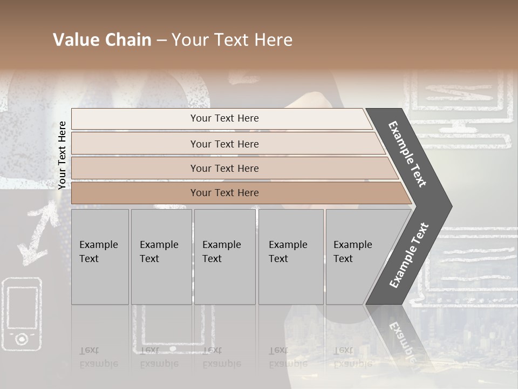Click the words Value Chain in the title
pyautogui.click(x=102, y=40)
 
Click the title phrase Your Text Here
pyautogui.click(x=232, y=40)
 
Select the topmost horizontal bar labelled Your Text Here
pyautogui.click(x=224, y=118)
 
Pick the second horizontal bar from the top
pyautogui.click(x=224, y=144)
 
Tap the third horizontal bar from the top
pyautogui.click(x=224, y=168)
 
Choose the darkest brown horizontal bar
pyautogui.click(x=224, y=193)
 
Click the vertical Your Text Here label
pyautogui.click(x=62, y=155)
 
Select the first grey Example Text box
pyautogui.click(x=100, y=257)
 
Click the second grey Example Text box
pyautogui.click(x=161, y=257)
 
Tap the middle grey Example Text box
pyautogui.click(x=224, y=257)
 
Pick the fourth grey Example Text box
pyautogui.click(x=290, y=257)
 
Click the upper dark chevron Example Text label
pyautogui.click(x=407, y=154)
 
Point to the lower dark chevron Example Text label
pyautogui.click(x=408, y=255)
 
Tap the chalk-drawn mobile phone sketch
pyautogui.click(x=22, y=313)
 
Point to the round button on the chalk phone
pyautogui.click(x=22, y=339)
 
